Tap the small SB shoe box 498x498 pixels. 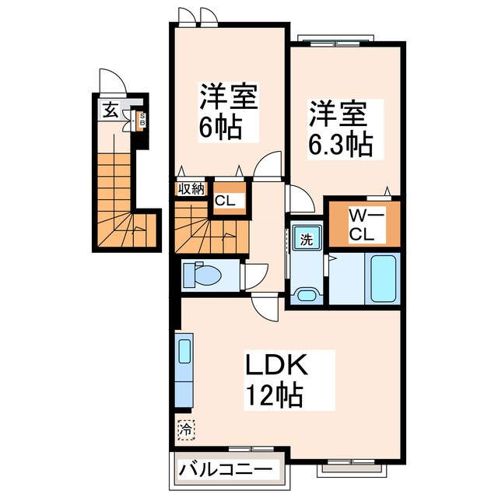point(142,120)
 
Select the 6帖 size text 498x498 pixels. point(219,128)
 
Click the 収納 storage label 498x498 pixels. point(190,188)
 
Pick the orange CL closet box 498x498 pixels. point(230,200)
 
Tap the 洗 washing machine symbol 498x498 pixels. point(307,239)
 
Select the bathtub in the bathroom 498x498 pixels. point(384,278)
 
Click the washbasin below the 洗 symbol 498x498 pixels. point(305,295)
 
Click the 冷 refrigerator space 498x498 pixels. point(186,427)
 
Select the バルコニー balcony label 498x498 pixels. point(226,469)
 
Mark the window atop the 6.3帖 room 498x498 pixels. point(336,40)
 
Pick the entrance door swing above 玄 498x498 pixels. point(112,81)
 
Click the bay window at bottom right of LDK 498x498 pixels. point(355,465)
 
